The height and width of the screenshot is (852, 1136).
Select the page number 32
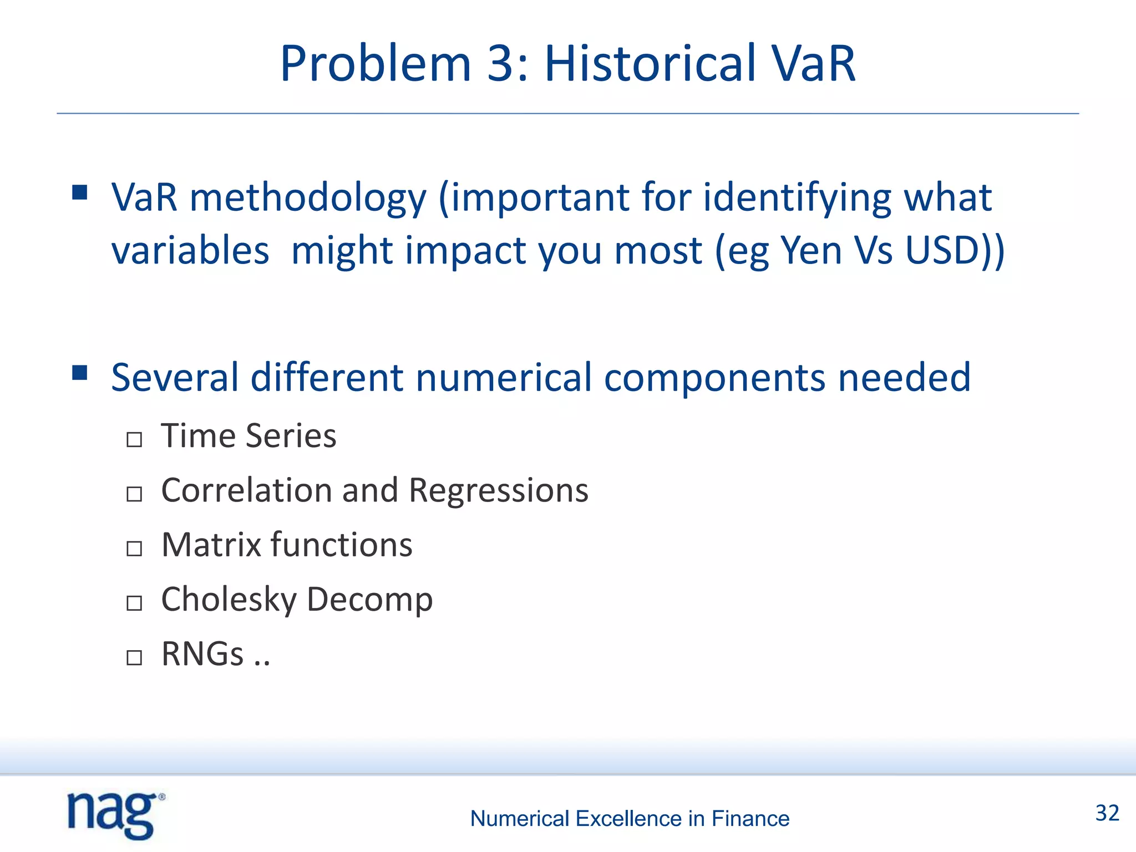(1107, 813)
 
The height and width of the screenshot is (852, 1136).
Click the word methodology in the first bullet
(308, 199)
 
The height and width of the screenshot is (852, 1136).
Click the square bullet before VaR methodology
(80, 193)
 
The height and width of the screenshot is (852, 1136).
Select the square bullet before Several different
(80, 373)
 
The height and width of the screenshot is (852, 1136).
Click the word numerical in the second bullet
(504, 378)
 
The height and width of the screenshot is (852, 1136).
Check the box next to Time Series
(134, 440)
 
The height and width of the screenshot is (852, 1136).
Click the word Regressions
(498, 491)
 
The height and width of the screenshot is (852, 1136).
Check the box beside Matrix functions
(134, 549)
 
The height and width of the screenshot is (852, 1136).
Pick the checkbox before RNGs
(134, 657)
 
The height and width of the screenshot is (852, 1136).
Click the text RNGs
(202, 654)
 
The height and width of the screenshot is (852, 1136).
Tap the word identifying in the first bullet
(798, 199)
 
